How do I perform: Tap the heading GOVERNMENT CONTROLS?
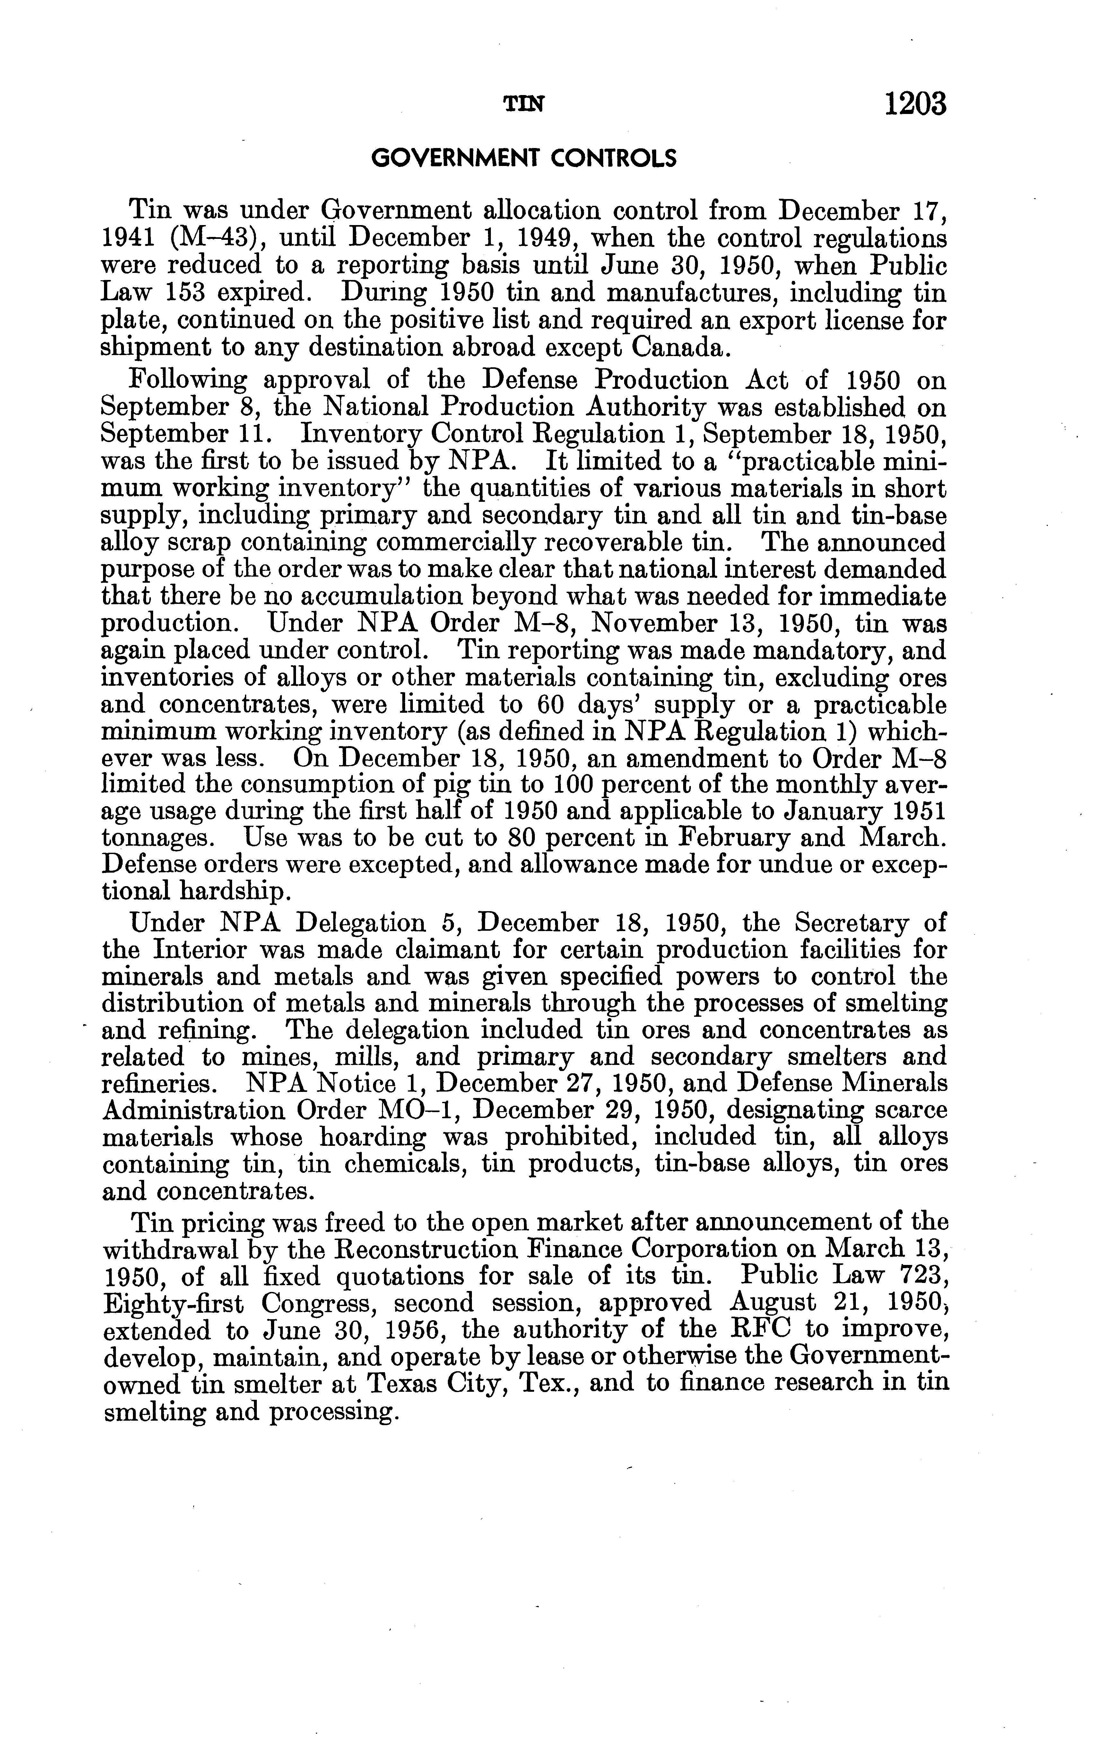tap(523, 158)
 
